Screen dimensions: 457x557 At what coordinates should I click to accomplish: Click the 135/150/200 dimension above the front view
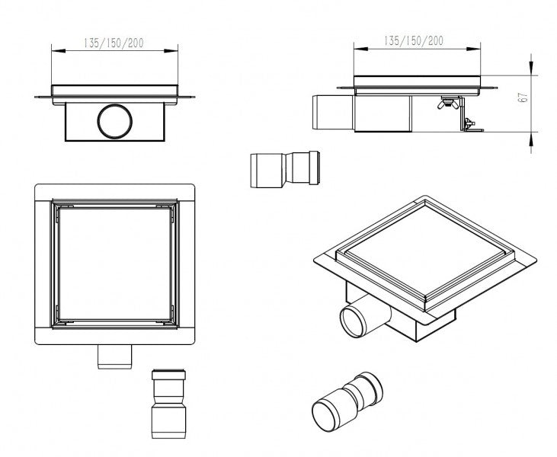tap(114, 43)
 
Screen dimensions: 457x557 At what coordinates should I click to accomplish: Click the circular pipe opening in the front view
tap(115, 121)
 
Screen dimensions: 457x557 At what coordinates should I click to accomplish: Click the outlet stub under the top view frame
tap(115, 355)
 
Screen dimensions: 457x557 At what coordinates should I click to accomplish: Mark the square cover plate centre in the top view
tap(114, 264)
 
